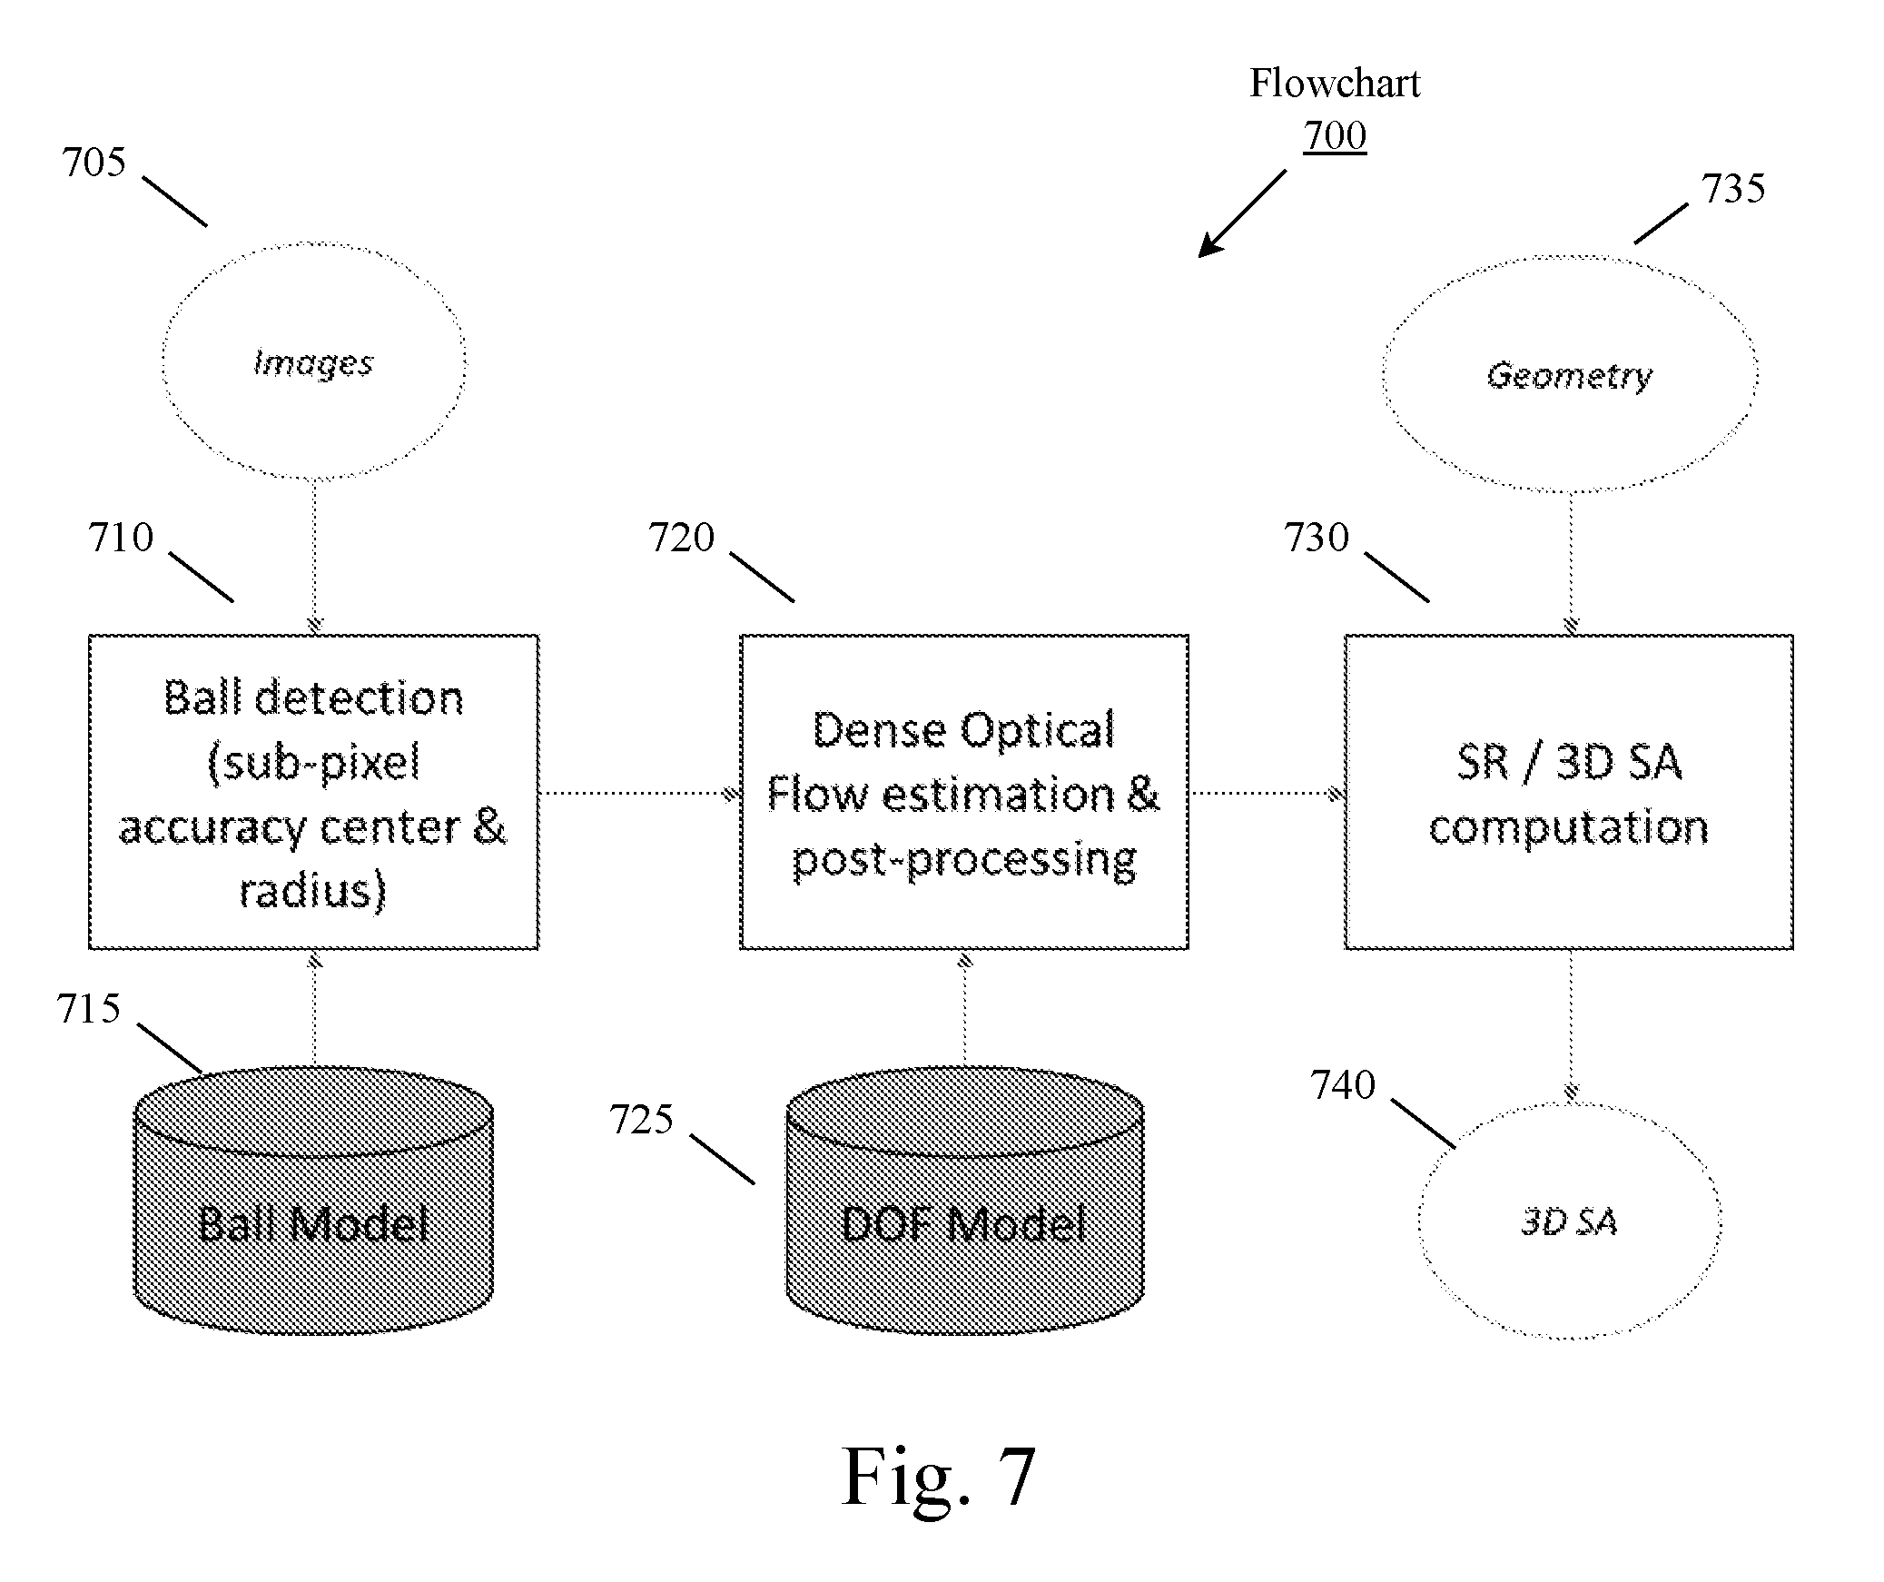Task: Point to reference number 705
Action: tap(94, 163)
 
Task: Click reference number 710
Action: tap(121, 538)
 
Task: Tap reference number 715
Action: tap(88, 1009)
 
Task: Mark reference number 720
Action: tap(681, 538)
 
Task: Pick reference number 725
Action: tap(641, 1120)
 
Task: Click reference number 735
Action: tap(1733, 189)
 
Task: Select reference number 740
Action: tap(1343, 1085)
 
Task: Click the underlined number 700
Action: tap(1335, 136)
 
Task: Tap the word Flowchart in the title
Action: tap(1335, 84)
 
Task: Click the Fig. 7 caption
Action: tap(939, 1477)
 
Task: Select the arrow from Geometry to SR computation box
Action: tap(1571, 564)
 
